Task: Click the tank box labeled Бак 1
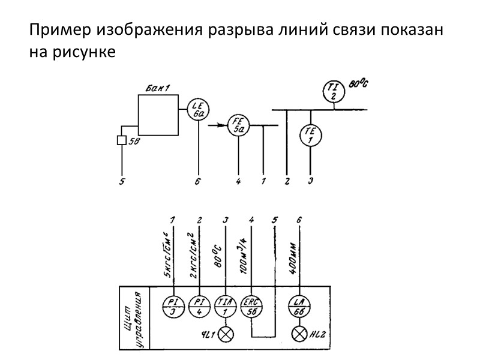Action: point(158,115)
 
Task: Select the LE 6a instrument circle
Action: point(198,109)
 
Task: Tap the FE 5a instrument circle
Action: point(238,126)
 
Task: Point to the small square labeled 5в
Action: point(121,141)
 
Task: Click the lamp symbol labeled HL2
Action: point(299,335)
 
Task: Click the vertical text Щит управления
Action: point(133,318)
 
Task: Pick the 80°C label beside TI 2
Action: point(358,85)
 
